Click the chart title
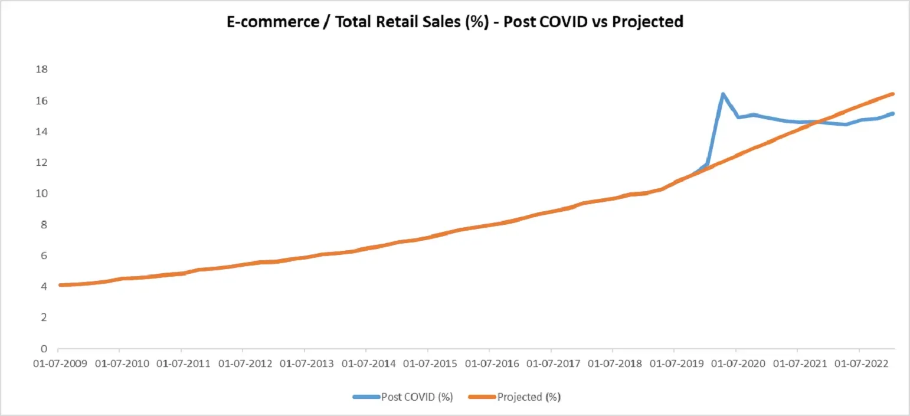455,22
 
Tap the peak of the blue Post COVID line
723,94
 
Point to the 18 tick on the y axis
42,70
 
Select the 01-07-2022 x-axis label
859,362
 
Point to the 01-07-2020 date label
735,362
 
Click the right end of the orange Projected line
893,94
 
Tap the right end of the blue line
893,113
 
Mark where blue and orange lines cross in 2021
816,122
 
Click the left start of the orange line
60,285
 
